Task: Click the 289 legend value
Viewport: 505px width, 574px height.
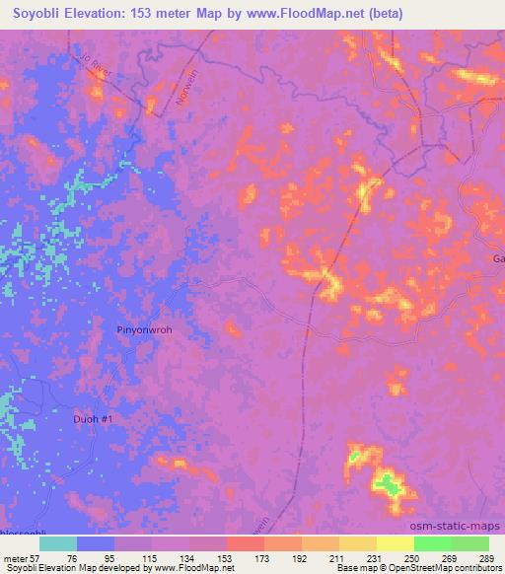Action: pos(486,558)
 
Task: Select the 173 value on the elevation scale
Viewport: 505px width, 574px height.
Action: pos(262,558)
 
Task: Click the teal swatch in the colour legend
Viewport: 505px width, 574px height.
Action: pos(58,543)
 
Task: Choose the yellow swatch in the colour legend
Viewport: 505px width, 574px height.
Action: pos(395,543)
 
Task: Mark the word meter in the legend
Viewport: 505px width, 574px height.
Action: pos(14,558)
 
